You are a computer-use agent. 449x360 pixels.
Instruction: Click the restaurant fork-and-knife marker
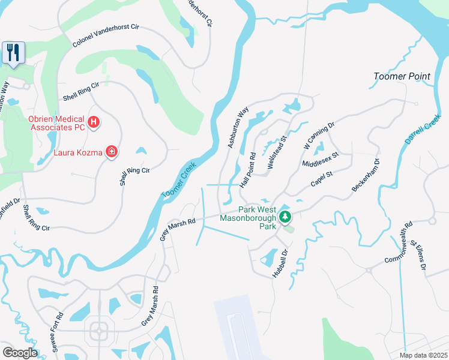(13, 52)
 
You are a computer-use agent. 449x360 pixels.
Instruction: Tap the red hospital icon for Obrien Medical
(93, 123)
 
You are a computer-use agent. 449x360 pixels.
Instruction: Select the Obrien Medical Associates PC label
(57, 123)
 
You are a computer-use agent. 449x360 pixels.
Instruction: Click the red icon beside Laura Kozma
(111, 152)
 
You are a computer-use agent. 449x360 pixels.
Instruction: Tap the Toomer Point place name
(402, 76)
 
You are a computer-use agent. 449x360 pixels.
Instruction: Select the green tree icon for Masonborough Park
(287, 217)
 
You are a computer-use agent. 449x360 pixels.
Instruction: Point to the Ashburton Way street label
(238, 128)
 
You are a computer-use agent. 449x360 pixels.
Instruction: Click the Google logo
(19, 353)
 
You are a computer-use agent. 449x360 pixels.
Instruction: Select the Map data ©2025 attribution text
(424, 355)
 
